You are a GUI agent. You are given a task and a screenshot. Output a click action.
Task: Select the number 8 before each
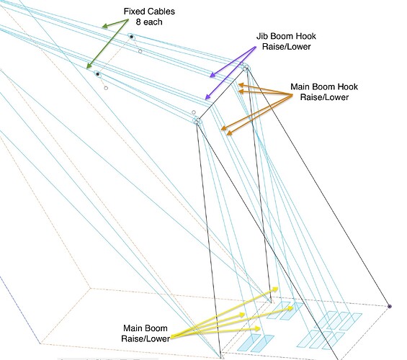138,22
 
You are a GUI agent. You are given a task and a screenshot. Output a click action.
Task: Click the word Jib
262,36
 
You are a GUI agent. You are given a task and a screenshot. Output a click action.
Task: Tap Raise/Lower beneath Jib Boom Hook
287,47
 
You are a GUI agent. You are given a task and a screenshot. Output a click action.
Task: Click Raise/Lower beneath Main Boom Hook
324,97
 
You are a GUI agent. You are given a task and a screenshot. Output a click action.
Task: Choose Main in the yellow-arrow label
133,328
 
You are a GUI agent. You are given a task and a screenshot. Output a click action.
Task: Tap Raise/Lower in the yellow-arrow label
146,338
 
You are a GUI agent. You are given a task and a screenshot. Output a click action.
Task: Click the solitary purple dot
389,307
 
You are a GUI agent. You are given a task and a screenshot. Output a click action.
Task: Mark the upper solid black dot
132,37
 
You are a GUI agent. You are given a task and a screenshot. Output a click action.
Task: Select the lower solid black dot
97,74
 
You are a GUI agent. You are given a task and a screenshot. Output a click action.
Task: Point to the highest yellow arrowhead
277,288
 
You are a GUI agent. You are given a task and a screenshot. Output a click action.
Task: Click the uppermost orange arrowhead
239,84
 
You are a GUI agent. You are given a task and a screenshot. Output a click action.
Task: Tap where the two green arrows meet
128,19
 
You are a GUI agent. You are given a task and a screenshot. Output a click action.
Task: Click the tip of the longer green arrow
87,68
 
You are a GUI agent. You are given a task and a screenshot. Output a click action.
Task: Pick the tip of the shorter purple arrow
210,77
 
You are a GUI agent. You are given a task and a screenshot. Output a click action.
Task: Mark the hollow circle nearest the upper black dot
140,51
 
